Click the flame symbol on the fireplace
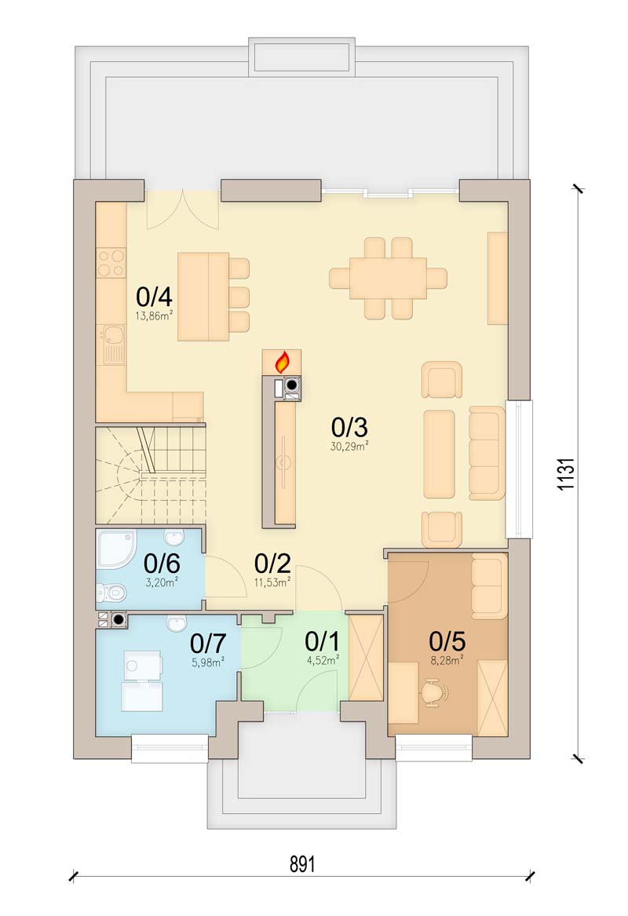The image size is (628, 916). coord(283,362)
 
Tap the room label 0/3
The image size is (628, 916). coord(349,428)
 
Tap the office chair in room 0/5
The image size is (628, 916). coord(434,693)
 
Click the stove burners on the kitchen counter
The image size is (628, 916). coord(111,262)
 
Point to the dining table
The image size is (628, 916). coord(389,278)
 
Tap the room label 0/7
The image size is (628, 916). coord(208,644)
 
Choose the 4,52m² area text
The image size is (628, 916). coord(323,660)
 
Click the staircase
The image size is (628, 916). coord(149,476)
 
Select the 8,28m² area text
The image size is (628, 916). coord(446,660)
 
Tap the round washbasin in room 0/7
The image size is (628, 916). coord(172,625)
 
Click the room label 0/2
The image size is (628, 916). coord(272,564)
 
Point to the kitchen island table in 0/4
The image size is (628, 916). coord(203,297)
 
